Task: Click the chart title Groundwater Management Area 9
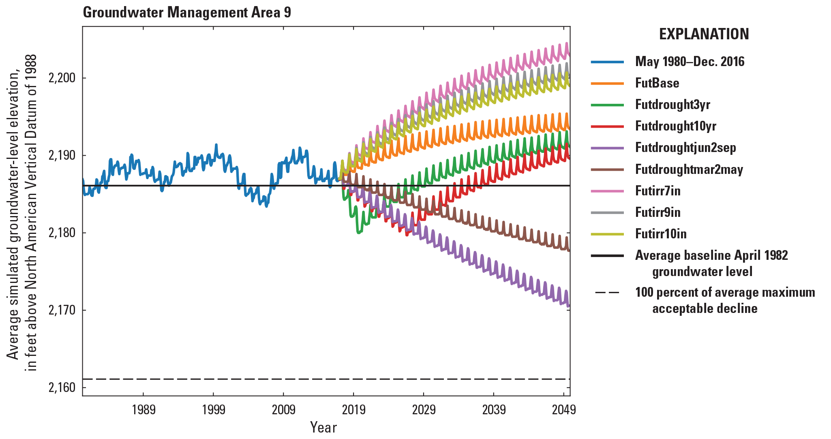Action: coord(187,13)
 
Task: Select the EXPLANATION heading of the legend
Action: coord(704,34)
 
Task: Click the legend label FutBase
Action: coord(657,83)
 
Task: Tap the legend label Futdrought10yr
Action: coord(675,126)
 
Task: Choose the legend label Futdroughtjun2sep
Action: coord(685,148)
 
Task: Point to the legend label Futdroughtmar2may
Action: coord(689,169)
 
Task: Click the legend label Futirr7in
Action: coord(658,191)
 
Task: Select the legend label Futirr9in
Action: coord(658,212)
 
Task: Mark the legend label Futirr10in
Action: coord(661,233)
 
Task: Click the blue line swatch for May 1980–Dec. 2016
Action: coord(607,62)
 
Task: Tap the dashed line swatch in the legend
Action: coord(607,293)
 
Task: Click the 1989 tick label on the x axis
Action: coord(143,410)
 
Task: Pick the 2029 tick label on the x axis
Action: coord(424,410)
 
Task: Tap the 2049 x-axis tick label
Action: coord(563,410)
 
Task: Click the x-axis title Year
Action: coord(323,427)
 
